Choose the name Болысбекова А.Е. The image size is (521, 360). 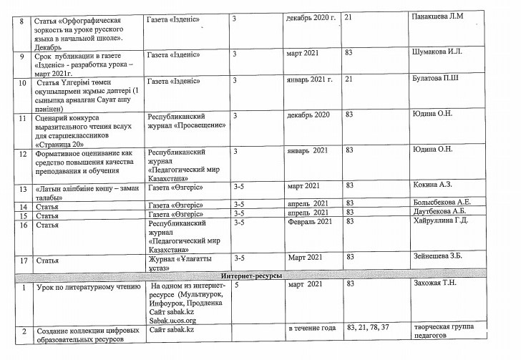444,204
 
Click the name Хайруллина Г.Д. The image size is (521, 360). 442,223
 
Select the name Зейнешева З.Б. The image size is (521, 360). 440,258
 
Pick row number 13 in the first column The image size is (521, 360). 24,188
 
